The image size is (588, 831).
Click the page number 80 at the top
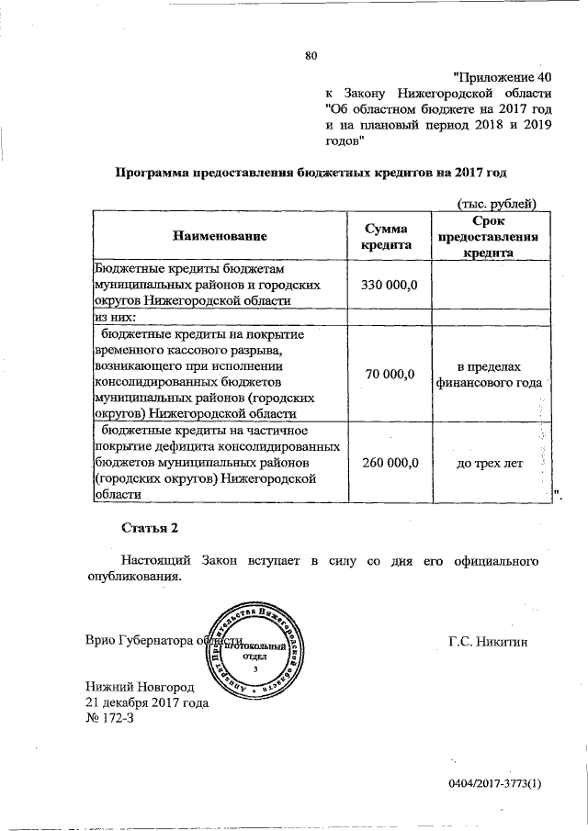(311, 57)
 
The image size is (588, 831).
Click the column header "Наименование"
(220, 236)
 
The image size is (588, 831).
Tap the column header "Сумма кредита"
(385, 236)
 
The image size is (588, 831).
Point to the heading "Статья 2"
(148, 528)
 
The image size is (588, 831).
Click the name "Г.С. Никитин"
(489, 640)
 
